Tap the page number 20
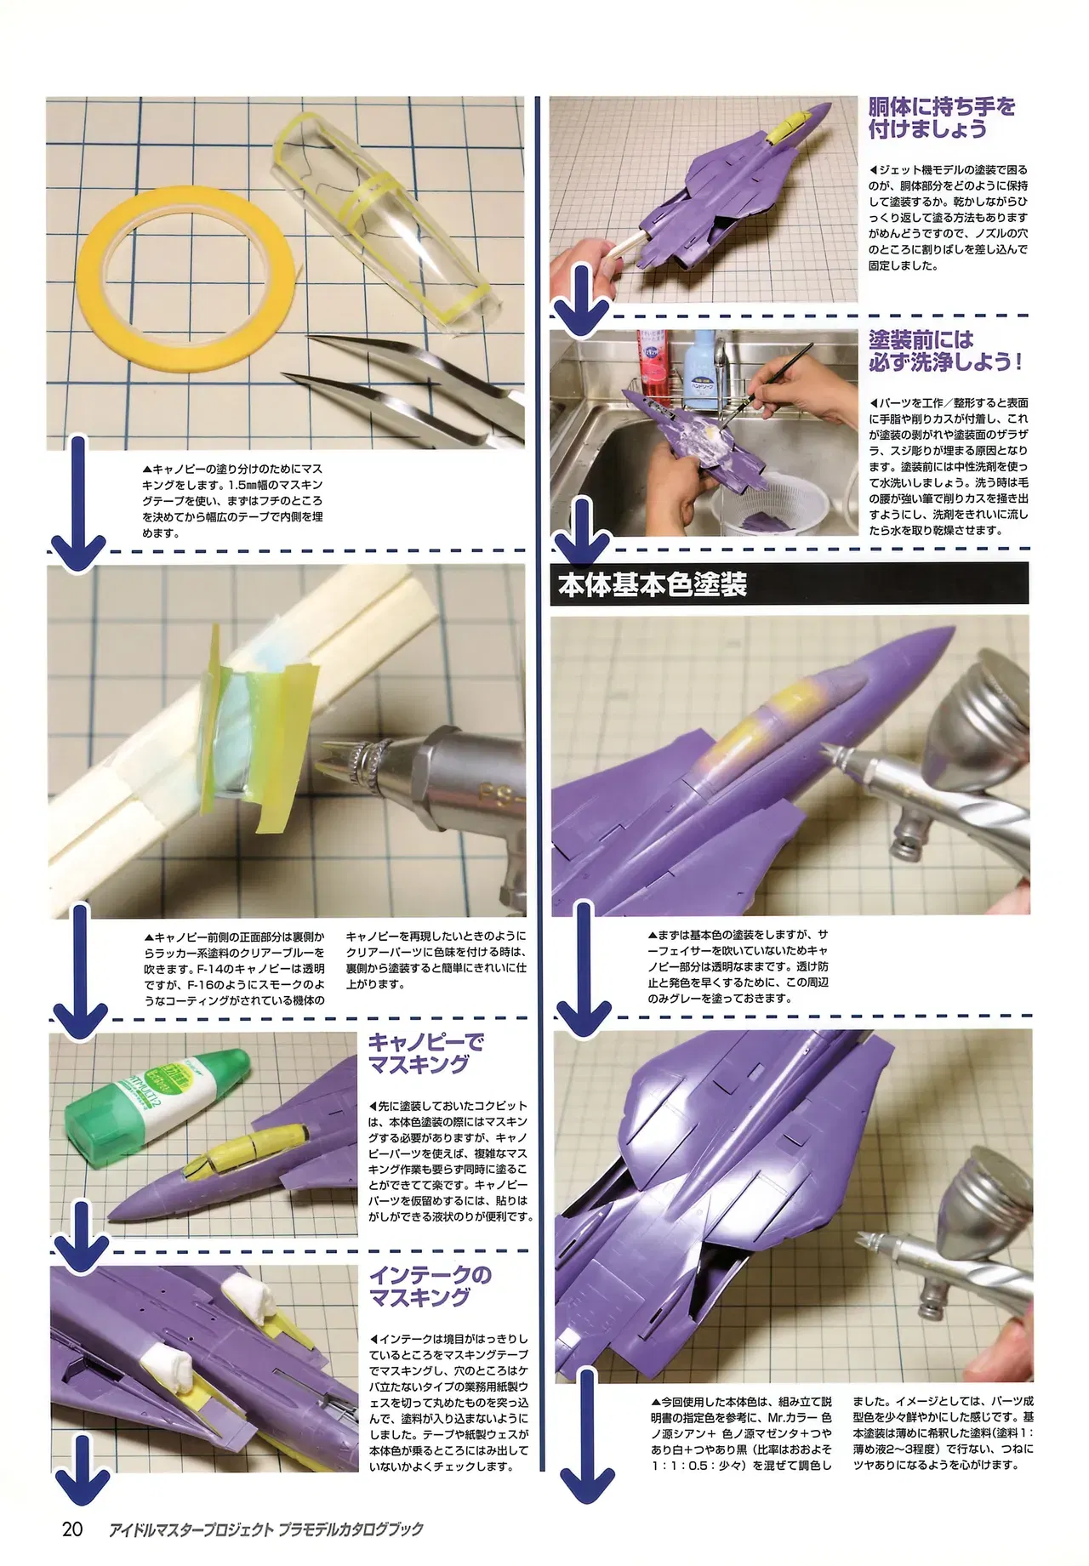[72, 1529]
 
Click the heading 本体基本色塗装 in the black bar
[653, 585]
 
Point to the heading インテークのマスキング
[430, 1285]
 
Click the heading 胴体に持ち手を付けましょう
[942, 118]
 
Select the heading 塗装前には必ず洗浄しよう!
[945, 350]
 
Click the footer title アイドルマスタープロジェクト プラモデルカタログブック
[266, 1529]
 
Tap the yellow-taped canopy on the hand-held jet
[783, 128]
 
